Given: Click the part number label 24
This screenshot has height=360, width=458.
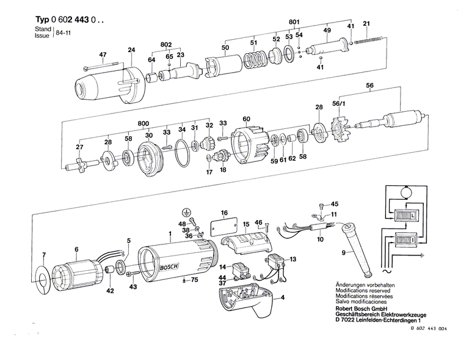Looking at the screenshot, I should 131,50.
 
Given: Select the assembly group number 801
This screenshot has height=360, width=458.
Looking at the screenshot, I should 294,23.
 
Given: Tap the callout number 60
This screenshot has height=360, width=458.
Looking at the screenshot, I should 246,119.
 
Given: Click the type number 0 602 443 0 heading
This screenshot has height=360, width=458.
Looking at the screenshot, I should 65,19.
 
